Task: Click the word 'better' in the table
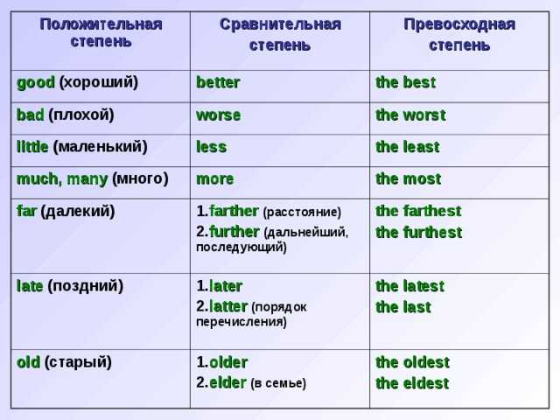(x=218, y=82)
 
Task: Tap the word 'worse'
(x=218, y=115)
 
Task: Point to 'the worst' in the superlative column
(x=410, y=115)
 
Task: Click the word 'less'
(x=211, y=147)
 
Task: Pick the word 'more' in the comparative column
(x=215, y=179)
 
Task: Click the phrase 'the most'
(x=409, y=178)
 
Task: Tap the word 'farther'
(x=234, y=211)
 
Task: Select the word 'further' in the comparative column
(x=234, y=232)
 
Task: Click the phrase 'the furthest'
(x=418, y=232)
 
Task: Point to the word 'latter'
(x=228, y=307)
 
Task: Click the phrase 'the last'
(x=403, y=307)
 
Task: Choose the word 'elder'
(x=227, y=383)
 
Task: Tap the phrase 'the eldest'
(x=412, y=383)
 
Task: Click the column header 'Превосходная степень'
(x=459, y=35)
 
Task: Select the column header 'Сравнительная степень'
(x=280, y=35)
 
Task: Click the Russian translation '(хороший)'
(x=99, y=82)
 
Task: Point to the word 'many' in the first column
(x=87, y=179)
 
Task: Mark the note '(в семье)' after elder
(x=278, y=383)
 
